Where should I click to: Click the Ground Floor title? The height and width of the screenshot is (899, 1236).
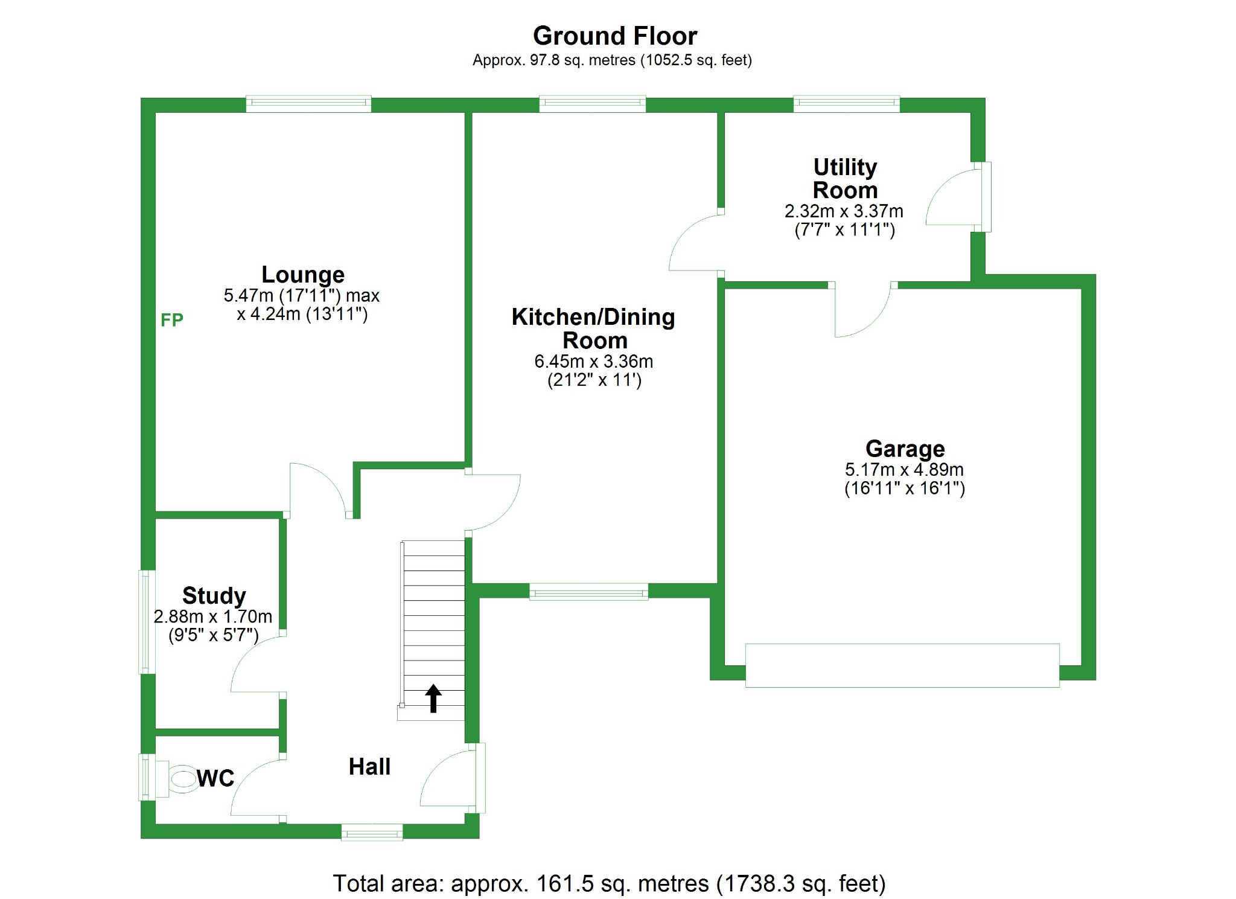(614, 36)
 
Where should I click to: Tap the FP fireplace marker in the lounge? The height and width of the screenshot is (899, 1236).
(171, 320)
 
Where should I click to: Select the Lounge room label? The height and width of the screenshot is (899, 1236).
(302, 275)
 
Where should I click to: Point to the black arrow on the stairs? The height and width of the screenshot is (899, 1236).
(433, 698)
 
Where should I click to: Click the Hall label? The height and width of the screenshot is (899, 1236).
(369, 767)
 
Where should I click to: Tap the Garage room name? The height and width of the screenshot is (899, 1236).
(905, 449)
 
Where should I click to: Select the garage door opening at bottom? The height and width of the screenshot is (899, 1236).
(902, 665)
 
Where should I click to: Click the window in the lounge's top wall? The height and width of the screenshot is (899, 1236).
(308, 104)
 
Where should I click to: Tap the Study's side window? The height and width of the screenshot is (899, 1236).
(145, 621)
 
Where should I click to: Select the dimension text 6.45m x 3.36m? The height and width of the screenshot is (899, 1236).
(593, 362)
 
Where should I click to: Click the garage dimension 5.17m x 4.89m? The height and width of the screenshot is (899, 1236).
(904, 470)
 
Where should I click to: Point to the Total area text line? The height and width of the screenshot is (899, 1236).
(608, 883)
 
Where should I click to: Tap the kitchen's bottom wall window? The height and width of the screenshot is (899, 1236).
(588, 592)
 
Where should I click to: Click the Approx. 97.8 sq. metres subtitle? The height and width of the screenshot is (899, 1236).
(612, 60)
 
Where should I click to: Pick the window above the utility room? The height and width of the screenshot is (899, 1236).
(846, 104)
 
